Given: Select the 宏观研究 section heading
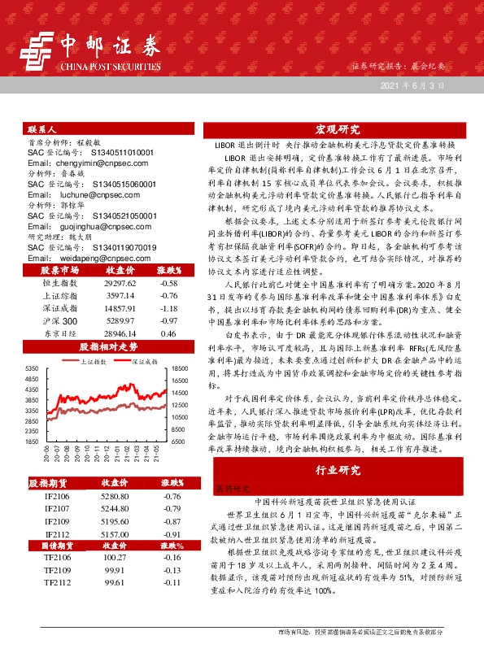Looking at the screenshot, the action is tap(338, 130).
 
